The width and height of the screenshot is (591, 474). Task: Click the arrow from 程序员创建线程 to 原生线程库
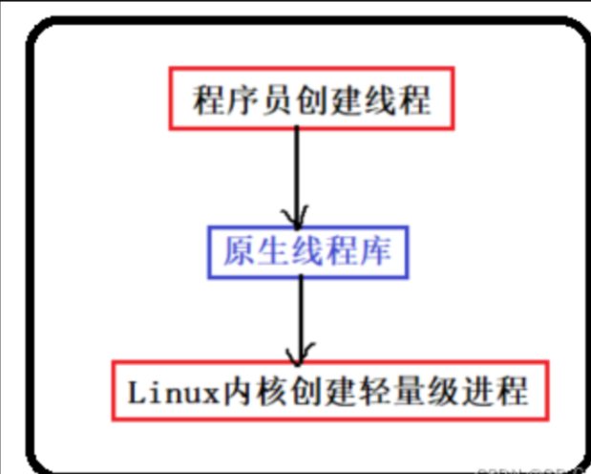(x=298, y=172)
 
